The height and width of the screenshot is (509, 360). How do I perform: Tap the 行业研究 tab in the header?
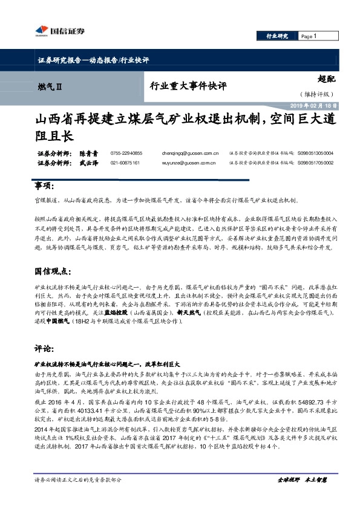[278, 37]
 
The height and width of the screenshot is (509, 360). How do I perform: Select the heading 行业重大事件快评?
[188, 86]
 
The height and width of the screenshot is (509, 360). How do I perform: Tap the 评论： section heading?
[42, 349]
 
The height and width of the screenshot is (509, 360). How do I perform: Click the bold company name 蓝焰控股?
[116, 314]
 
